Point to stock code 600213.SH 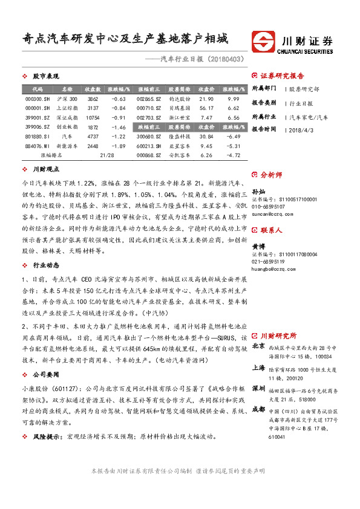(149, 146)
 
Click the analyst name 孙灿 (258, 191)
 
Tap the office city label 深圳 (258, 387)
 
